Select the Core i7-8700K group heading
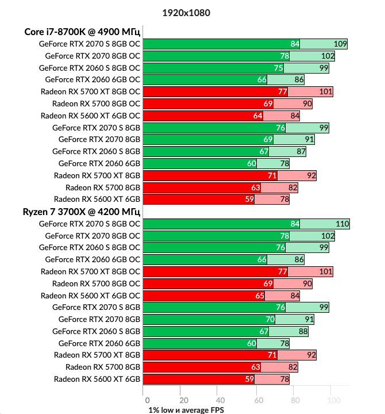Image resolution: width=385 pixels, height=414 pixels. click(82, 31)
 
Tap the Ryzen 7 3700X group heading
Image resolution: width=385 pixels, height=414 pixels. click(82, 211)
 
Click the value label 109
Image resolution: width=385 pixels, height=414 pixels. click(340, 44)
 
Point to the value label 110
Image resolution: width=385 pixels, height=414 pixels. click(342, 224)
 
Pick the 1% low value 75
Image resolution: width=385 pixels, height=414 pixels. click(279, 68)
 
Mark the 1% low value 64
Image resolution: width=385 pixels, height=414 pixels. click(257, 116)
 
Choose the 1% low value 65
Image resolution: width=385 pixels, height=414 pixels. click(259, 296)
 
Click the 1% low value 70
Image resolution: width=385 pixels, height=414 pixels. click(269, 319)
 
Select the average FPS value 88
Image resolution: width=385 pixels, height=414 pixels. click(301, 331)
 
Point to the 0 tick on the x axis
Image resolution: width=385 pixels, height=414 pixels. click(147, 400)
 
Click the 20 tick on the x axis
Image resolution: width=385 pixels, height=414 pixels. click(183, 400)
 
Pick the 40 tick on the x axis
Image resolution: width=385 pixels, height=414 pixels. click(220, 400)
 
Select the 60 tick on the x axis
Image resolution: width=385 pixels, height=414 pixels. click(257, 400)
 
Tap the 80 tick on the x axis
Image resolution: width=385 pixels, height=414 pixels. click(293, 400)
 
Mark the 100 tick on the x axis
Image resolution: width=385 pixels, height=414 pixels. click(332, 400)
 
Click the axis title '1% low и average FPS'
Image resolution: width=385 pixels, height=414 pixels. click(186, 409)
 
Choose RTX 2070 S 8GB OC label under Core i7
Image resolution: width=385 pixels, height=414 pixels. click(89, 44)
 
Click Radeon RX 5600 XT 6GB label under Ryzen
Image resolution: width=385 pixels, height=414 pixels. click(97, 379)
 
